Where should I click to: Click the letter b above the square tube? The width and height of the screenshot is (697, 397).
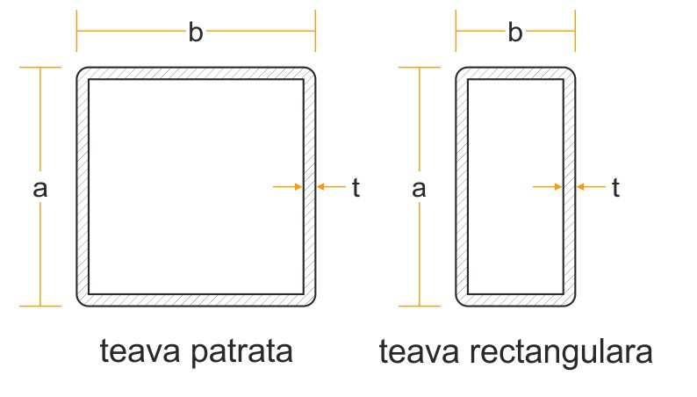[196, 33]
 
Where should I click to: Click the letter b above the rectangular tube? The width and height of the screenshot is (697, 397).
[515, 33]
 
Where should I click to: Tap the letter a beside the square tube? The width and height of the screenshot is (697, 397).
[39, 188]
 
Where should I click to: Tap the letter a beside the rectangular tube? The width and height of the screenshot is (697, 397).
[419, 188]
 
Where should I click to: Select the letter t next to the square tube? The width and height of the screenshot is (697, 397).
[356, 187]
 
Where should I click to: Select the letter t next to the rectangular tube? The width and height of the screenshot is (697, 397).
[615, 187]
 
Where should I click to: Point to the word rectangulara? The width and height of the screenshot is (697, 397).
[567, 353]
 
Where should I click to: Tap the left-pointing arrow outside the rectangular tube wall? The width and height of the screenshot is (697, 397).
[590, 186]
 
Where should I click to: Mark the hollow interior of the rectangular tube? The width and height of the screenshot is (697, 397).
[515, 187]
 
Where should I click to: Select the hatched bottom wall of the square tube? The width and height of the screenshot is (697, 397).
[196, 300]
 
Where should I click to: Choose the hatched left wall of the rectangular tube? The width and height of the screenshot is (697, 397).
[462, 187]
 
